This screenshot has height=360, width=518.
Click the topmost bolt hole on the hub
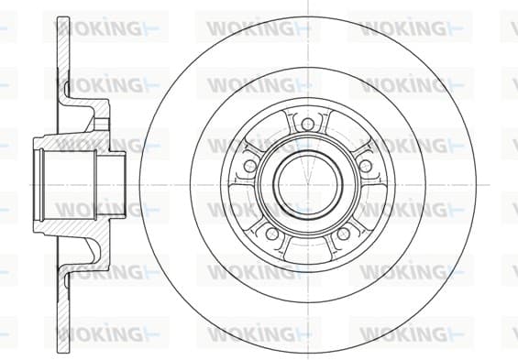[x=307, y=124]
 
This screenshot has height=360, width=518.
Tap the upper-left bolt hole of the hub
[x=249, y=166]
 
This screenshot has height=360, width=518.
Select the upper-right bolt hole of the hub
[x=366, y=166]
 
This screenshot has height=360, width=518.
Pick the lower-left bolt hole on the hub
[x=272, y=234]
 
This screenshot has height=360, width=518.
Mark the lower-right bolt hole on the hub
[x=343, y=234]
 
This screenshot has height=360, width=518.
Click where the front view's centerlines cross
[x=308, y=184]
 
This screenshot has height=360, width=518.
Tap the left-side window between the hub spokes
[x=240, y=202]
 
